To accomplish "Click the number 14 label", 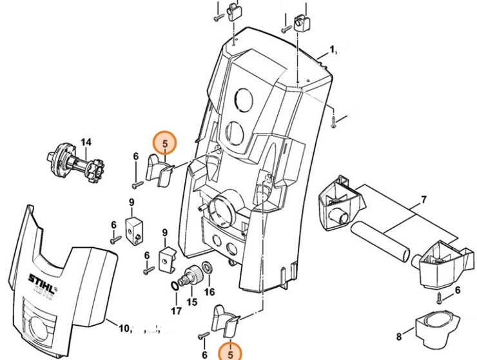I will coord(86,142).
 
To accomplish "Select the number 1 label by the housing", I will coord(333,50).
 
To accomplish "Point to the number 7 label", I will coord(423,200).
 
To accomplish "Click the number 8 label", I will coord(398,335).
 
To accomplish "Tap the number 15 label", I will coord(191,302).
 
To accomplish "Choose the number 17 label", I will coord(176,313).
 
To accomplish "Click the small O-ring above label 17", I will coord(176,284).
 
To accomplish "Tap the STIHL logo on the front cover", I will coord(41,279).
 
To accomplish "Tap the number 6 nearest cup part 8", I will coord(457,290).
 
